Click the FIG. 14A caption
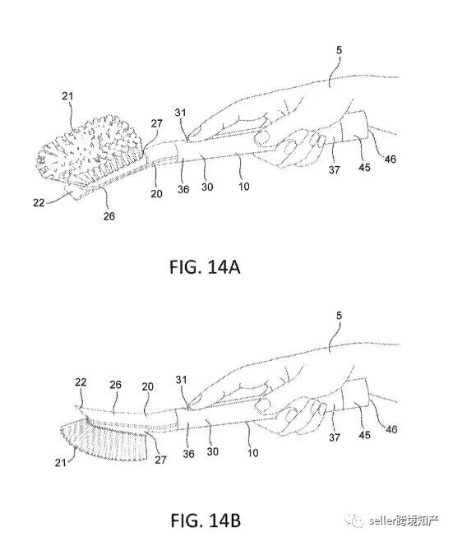click(x=205, y=267)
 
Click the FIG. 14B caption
click(x=206, y=520)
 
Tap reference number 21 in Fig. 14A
click(x=68, y=96)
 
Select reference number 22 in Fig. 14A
click(x=39, y=202)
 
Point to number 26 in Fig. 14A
click(x=109, y=216)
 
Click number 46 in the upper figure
click(x=391, y=159)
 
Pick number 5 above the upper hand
click(x=340, y=50)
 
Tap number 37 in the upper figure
click(x=334, y=169)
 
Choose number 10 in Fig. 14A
click(x=244, y=187)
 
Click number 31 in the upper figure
click(x=180, y=113)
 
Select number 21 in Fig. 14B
click(x=60, y=462)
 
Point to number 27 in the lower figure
click(x=161, y=460)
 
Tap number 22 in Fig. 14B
click(x=81, y=382)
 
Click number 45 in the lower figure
click(x=364, y=435)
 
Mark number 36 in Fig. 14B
click(x=189, y=454)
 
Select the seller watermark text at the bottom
click(x=404, y=520)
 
